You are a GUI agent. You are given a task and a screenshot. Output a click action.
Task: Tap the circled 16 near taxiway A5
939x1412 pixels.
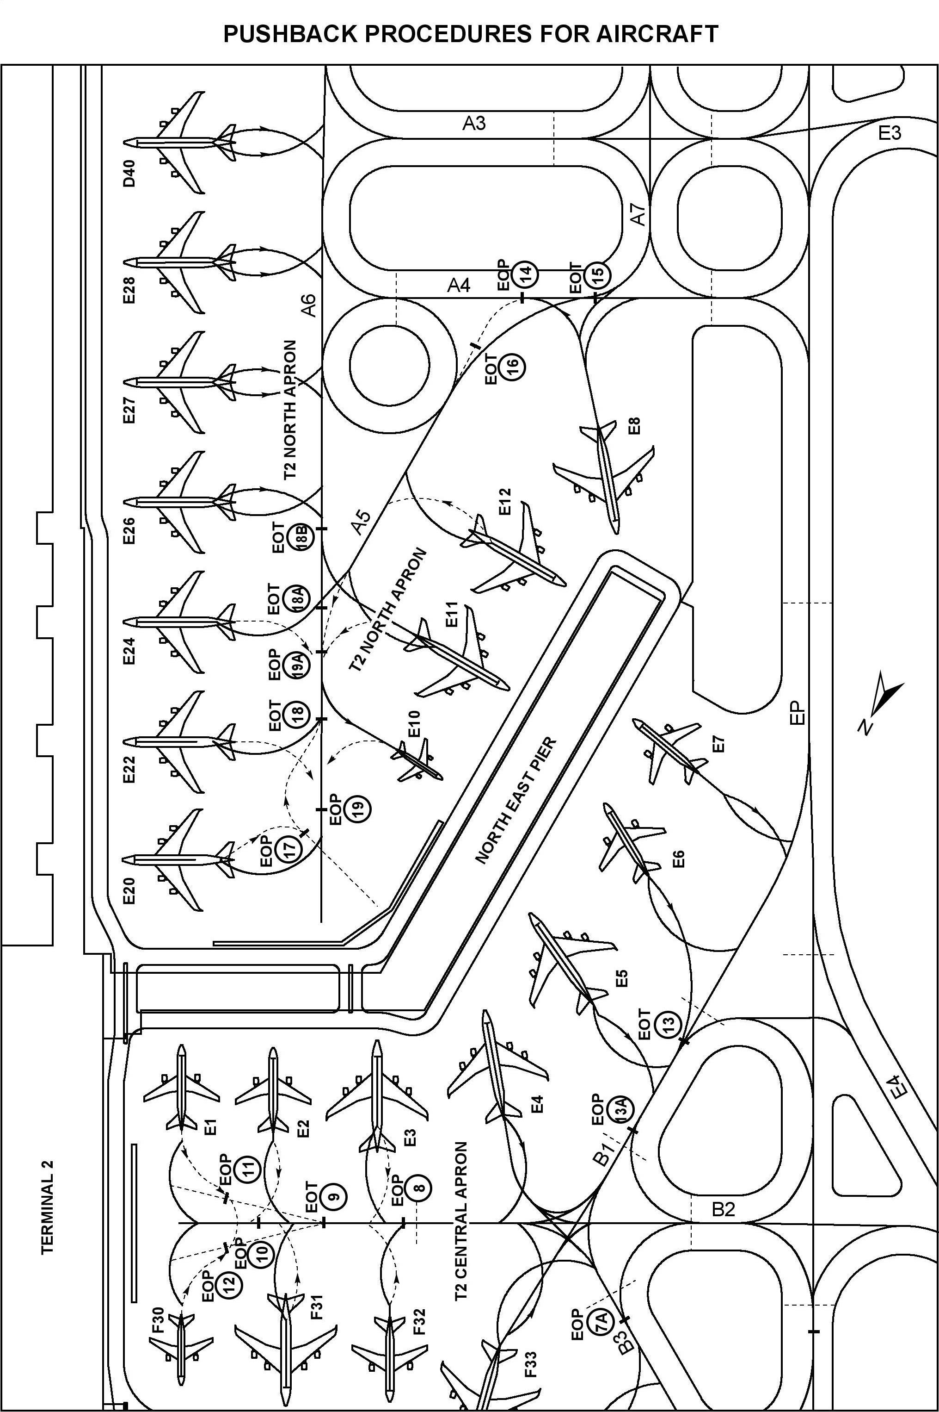click(x=513, y=366)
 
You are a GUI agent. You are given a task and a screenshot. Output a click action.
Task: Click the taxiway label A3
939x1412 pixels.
click(x=474, y=124)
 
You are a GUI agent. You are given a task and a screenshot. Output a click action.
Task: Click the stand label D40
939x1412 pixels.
click(x=130, y=173)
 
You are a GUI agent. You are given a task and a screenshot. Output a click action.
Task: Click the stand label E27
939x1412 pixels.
click(x=129, y=411)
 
